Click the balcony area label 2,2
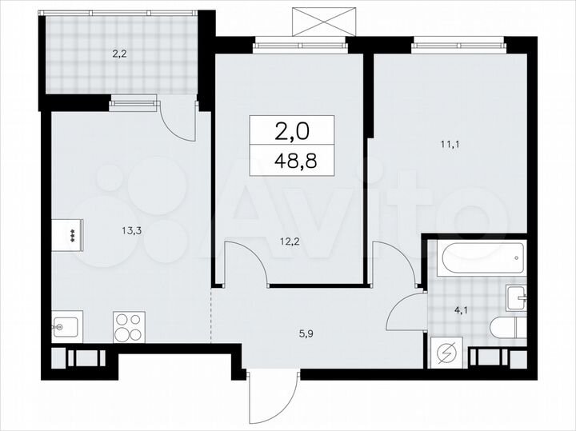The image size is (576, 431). tap(118, 55)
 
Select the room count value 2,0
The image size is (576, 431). tap(292, 130)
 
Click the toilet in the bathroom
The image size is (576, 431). tap(506, 329)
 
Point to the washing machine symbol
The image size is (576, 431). tap(446, 352)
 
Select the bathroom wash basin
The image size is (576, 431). tap(516, 299)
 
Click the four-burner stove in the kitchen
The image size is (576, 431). tap(128, 326)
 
